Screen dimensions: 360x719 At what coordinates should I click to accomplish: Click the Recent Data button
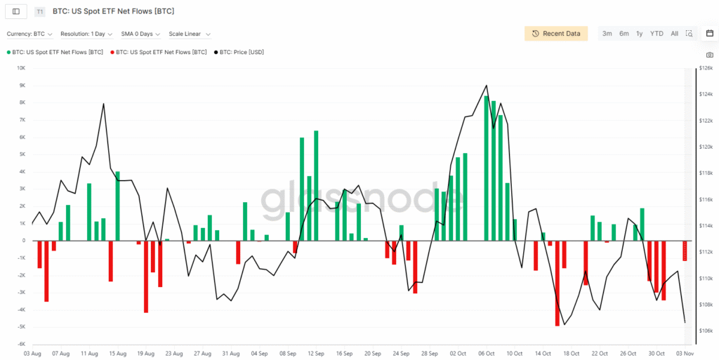coord(556,34)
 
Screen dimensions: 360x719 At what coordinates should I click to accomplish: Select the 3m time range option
coord(607,34)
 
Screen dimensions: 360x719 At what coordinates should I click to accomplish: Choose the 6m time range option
coord(624,34)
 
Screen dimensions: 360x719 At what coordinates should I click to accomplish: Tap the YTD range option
coord(657,34)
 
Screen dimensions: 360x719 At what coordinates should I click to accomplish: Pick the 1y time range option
coord(639,34)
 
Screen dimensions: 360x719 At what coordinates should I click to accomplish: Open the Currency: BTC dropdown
coord(29,34)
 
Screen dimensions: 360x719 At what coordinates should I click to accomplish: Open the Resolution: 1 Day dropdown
coord(86,34)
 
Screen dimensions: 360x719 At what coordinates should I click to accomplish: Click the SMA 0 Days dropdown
coord(140,34)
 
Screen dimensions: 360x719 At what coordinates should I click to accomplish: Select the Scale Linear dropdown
coord(189,34)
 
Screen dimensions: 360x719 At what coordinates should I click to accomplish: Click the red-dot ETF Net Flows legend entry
coord(161,52)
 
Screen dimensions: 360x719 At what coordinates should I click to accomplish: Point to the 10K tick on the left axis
coord(20,68)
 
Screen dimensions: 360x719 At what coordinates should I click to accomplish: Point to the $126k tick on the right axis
coord(706,68)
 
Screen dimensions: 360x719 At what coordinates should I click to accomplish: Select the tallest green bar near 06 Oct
coord(487,168)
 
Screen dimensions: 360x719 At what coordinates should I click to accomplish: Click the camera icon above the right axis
coord(709,55)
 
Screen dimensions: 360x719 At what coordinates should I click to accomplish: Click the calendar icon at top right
coord(709,34)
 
